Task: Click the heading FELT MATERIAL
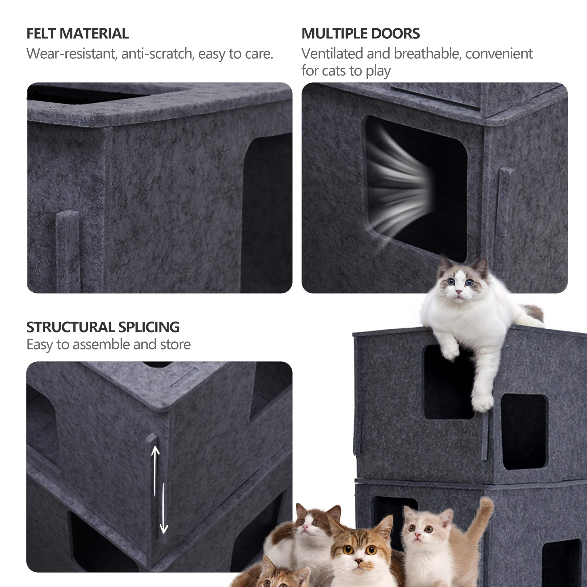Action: tap(78, 33)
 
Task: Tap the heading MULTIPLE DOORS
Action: tap(361, 33)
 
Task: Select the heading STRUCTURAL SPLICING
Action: tap(103, 327)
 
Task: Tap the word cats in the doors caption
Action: tap(334, 71)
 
